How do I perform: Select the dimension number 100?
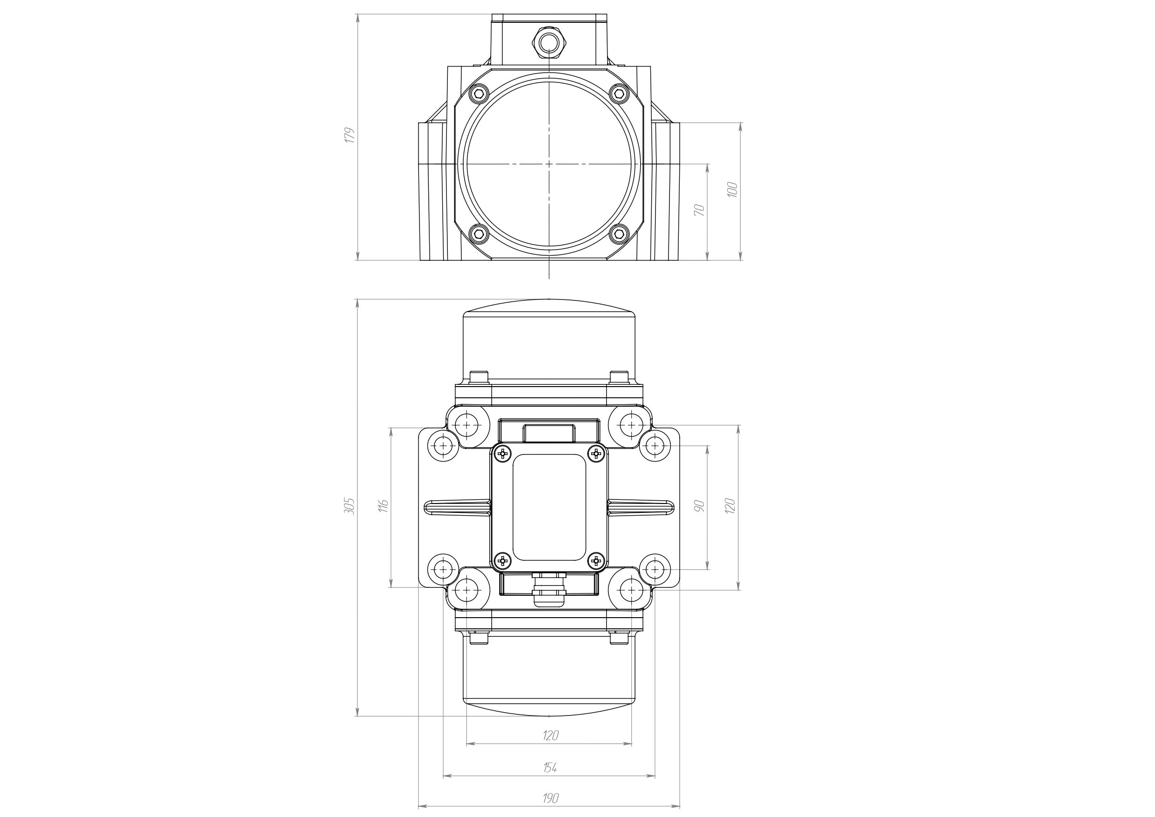pos(732,189)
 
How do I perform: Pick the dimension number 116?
pos(383,506)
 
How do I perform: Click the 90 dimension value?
pos(699,506)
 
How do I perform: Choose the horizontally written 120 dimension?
pos(550,735)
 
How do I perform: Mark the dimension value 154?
pos(550,768)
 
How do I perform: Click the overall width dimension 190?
pos(550,798)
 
